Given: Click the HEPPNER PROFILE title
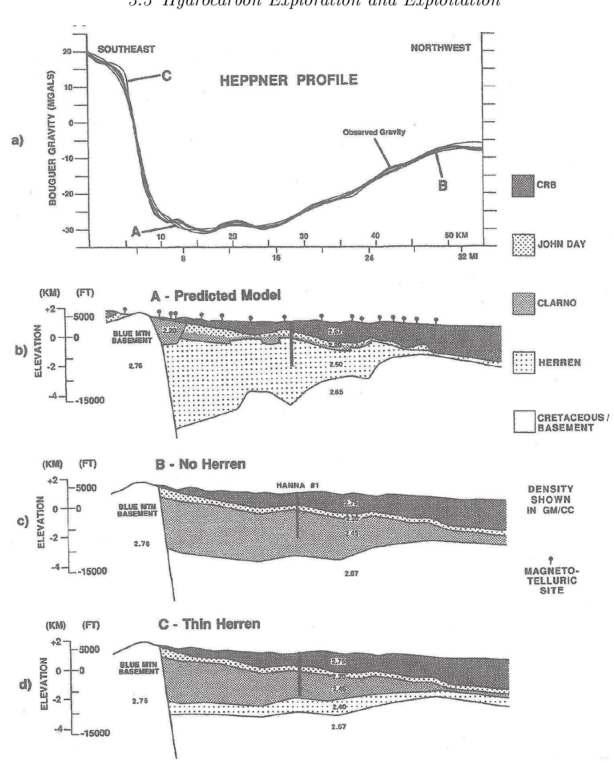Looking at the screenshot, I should (x=289, y=80).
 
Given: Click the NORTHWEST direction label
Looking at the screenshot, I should (x=441, y=48).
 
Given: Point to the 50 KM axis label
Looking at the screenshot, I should (x=457, y=235).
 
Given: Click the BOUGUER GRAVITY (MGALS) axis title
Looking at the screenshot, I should (x=52, y=138).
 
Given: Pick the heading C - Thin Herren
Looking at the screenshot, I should (x=209, y=624).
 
